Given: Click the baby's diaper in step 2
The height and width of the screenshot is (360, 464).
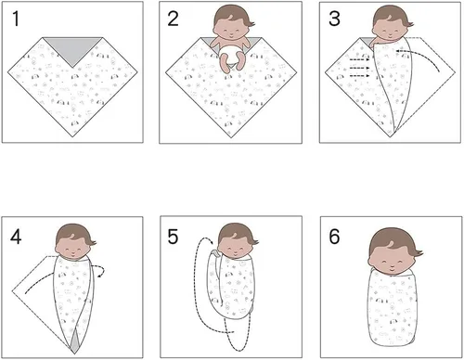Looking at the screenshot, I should pos(231,58).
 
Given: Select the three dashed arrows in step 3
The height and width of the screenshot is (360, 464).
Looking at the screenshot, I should pos(361,67).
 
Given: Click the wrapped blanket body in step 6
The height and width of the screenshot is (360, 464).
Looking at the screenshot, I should pos(388,311).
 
